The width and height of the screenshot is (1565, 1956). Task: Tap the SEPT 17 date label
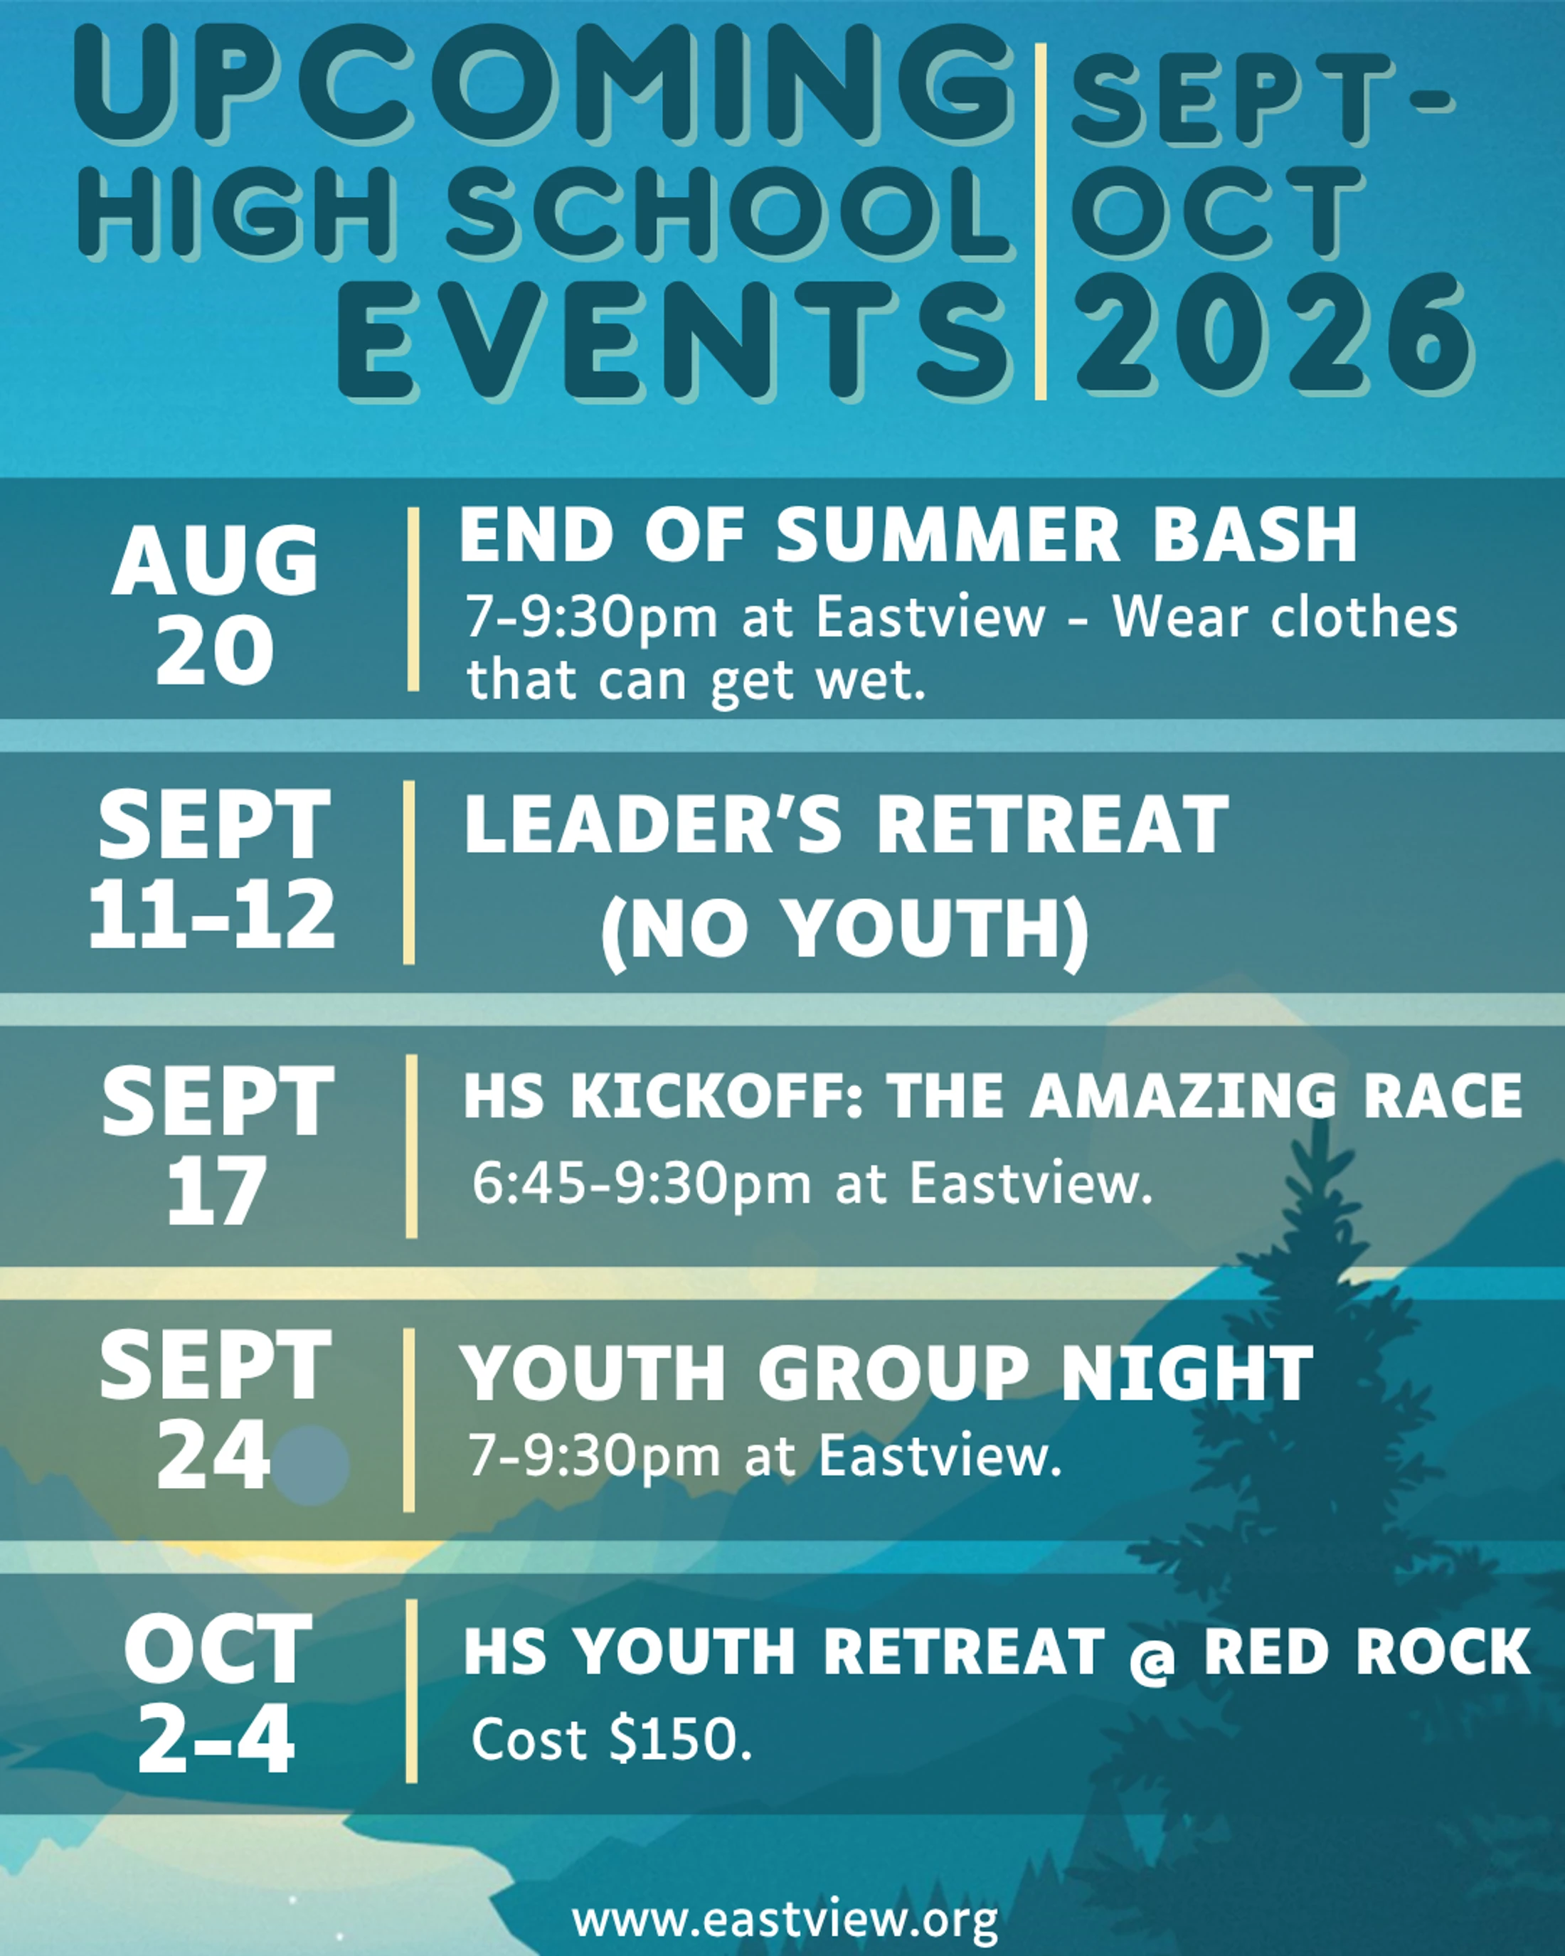coord(218,1146)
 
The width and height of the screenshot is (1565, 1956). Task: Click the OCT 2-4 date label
coord(217,1692)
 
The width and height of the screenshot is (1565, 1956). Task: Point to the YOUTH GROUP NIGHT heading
coord(886,1373)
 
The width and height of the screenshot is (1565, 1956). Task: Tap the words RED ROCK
coord(1367,1650)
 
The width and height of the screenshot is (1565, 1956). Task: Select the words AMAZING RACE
coord(1276,1095)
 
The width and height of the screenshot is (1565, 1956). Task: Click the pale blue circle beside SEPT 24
coord(310,1465)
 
